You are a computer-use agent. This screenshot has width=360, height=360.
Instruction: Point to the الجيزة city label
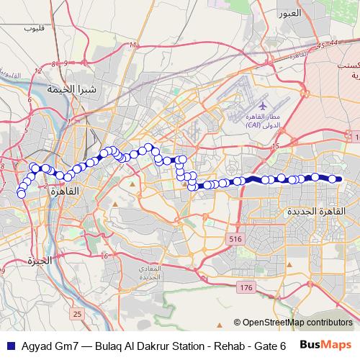pyautogui.click(x=39, y=261)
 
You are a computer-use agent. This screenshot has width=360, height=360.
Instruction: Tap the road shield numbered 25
pyautogui.click(x=77, y=314)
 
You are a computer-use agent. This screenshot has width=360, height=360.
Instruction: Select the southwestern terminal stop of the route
pyautogui.click(x=21, y=193)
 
